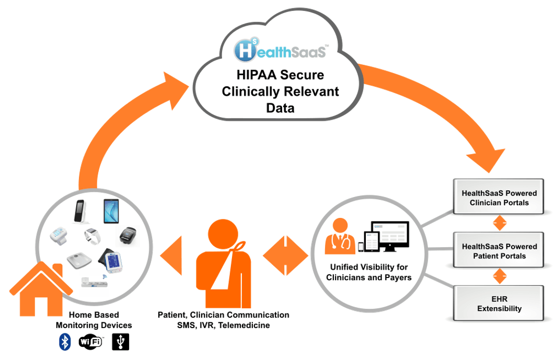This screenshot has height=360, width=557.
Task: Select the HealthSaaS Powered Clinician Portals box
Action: (x=499, y=198)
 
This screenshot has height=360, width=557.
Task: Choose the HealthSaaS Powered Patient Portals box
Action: (x=499, y=251)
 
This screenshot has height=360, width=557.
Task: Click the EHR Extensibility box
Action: (x=499, y=303)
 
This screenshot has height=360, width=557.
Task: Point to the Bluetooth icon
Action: (x=65, y=342)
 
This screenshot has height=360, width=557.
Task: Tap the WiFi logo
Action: (x=90, y=342)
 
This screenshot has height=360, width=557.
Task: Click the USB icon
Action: (x=120, y=342)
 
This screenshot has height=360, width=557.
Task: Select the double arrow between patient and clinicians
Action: (x=286, y=256)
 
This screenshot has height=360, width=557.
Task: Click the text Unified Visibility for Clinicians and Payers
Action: (x=368, y=272)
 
